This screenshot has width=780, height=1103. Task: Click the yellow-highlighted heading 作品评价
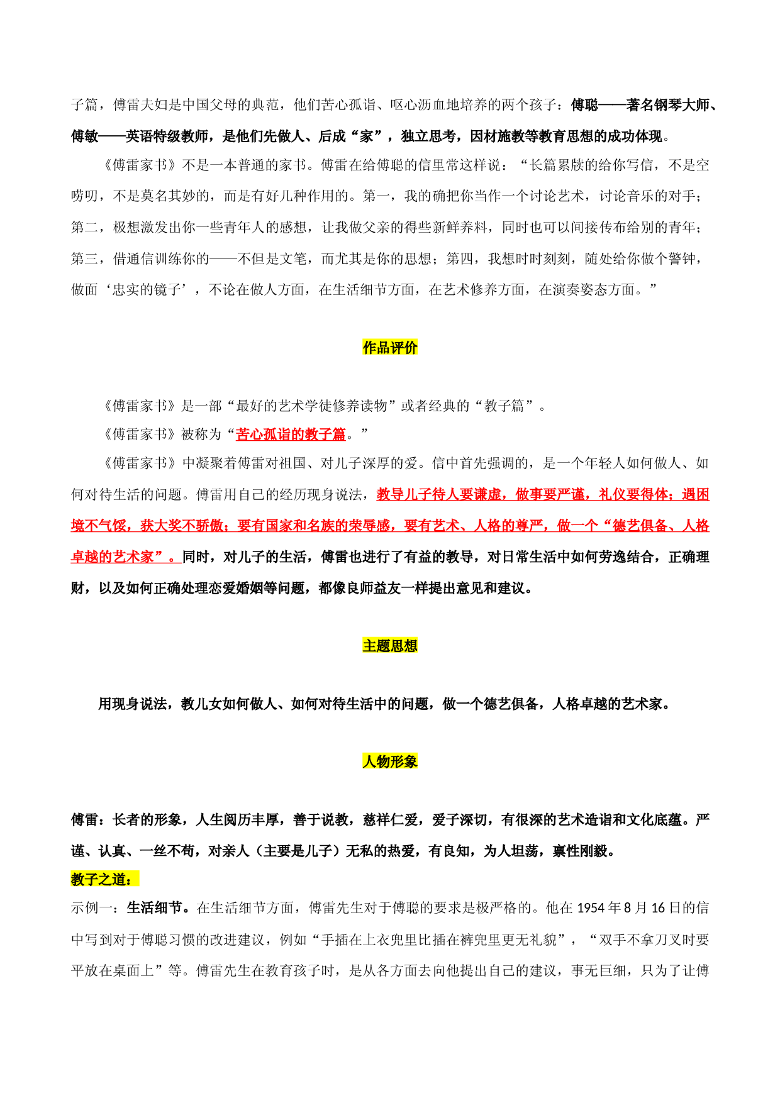tap(390, 347)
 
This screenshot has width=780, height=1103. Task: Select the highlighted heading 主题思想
tap(390, 646)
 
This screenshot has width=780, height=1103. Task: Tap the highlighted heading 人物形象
tap(390, 762)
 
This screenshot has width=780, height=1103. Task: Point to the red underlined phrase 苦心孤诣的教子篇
tap(291, 434)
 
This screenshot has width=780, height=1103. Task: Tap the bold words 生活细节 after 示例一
tap(155, 908)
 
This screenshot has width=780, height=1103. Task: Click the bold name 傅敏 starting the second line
tap(85, 136)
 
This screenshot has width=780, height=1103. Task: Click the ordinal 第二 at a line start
tap(85, 227)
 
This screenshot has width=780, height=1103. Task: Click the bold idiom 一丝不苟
tap(168, 851)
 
